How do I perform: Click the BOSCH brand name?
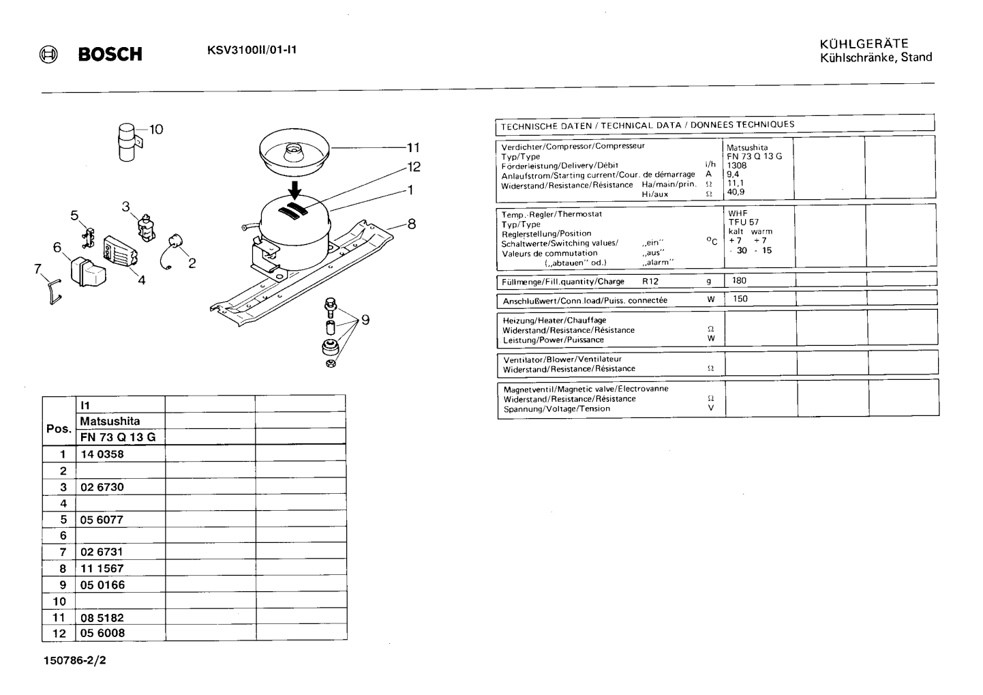(x=110, y=54)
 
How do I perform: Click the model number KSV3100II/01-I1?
(x=252, y=50)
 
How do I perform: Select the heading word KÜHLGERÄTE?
(x=864, y=44)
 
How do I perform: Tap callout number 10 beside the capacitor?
(x=156, y=129)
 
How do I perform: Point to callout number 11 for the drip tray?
(x=413, y=147)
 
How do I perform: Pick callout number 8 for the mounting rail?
(x=412, y=224)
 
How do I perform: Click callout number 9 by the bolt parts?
(x=365, y=320)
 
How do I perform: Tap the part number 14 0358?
(x=102, y=454)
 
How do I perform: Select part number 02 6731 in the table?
(x=102, y=552)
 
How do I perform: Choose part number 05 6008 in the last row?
(x=102, y=633)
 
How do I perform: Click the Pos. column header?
(x=59, y=428)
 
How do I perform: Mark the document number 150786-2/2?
(x=74, y=660)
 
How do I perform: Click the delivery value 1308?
(x=736, y=166)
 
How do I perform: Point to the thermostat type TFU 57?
(x=744, y=222)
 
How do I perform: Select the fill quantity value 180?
(x=739, y=280)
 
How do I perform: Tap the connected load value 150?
(x=740, y=299)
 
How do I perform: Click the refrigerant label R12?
(x=650, y=282)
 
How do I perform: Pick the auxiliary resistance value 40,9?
(x=736, y=192)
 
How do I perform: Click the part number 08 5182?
(x=102, y=618)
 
